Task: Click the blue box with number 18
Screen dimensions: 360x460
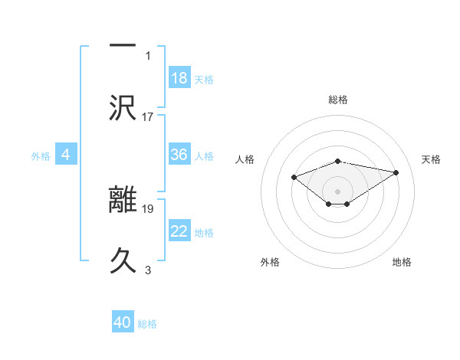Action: pos(179,77)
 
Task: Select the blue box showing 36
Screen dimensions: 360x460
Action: pos(179,155)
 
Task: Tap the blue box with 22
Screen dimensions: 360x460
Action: pos(179,231)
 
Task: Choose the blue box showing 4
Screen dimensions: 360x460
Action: pos(66,155)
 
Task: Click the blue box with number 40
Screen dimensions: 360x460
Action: pos(123,322)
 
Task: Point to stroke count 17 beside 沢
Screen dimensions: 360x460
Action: pos(148,117)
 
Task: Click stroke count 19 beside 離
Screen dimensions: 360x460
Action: pos(148,208)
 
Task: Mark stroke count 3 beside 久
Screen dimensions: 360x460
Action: pos(148,270)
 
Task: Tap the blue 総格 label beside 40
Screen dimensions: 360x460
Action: pos(147,324)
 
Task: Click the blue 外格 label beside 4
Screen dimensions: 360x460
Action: pos(41,156)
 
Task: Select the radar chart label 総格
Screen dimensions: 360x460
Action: pos(337,100)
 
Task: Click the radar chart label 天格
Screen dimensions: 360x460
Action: pos(431,159)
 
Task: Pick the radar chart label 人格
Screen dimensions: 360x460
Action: pos(245,159)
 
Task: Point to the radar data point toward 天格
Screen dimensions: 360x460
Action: pos(396,172)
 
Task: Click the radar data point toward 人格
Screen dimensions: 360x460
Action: pos(294,177)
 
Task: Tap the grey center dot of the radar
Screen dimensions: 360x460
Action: pos(337,191)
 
